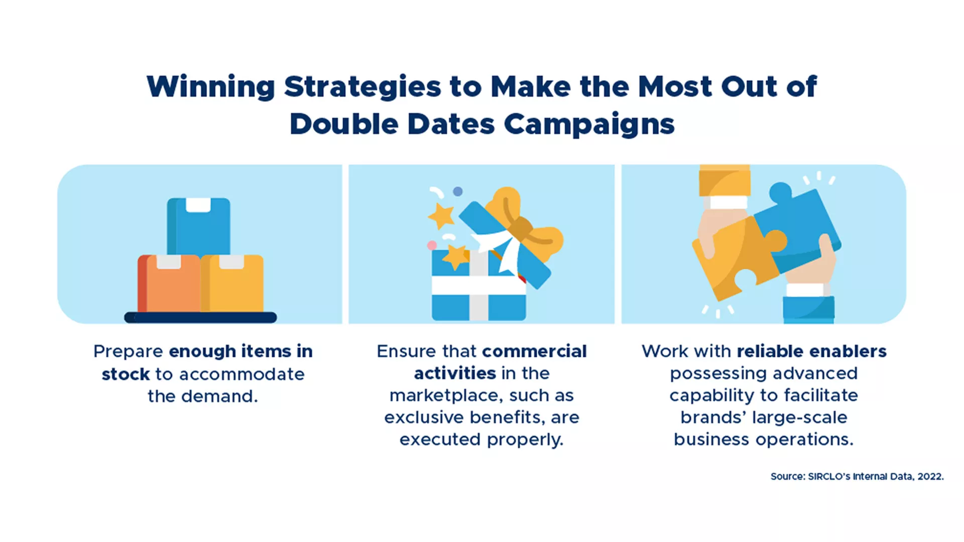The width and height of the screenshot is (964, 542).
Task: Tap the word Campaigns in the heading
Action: [589, 124]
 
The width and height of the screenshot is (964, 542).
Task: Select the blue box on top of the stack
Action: [198, 226]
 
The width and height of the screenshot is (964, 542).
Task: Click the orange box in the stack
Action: [169, 284]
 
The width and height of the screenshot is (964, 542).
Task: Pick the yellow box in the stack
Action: [232, 284]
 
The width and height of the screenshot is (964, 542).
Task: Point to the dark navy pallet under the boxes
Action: [200, 317]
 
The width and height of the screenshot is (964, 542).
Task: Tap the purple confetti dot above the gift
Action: [458, 191]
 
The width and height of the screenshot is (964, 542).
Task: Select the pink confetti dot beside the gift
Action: [432, 245]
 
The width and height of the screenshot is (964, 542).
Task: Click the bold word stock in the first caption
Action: [126, 374]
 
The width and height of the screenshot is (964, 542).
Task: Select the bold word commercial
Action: [534, 351]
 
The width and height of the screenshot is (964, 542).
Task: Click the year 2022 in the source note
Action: [930, 476]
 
